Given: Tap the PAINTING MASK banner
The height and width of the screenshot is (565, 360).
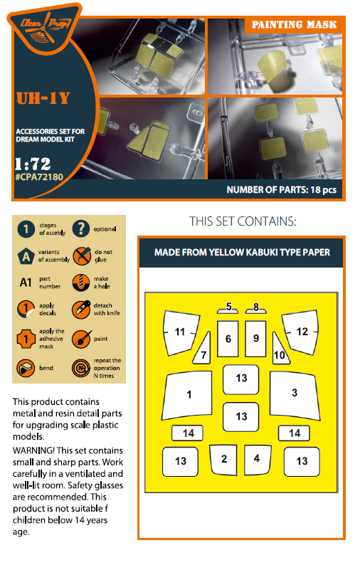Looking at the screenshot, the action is tap(294, 25).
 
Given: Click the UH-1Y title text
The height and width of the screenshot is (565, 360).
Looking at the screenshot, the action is tap(43, 98).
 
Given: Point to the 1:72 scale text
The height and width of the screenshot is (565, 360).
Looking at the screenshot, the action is tap(33, 164).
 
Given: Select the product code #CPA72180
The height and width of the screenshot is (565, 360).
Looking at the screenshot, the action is tap(39, 177).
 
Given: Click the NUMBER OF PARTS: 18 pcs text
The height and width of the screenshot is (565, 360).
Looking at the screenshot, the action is tap(282, 190).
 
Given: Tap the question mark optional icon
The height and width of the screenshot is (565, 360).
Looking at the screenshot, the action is tap(80, 228).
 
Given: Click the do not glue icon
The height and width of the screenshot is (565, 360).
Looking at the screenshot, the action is tap(81, 256).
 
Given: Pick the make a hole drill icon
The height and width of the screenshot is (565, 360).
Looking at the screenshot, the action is tap(80, 282).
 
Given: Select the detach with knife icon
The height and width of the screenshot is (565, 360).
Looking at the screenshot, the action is tap(81, 310).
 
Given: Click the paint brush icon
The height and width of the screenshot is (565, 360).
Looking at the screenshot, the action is tap(81, 339).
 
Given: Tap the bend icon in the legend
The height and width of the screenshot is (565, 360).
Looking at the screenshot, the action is tap(26, 368).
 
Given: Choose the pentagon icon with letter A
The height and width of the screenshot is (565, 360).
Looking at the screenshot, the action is tap(26, 256).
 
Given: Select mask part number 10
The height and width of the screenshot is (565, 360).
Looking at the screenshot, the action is tap(280, 349).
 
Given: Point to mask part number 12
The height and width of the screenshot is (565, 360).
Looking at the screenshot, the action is tap(301, 332).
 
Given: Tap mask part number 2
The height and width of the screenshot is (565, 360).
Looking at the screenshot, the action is tap(224, 460).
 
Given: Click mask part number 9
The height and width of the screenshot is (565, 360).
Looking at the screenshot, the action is tap(256, 339).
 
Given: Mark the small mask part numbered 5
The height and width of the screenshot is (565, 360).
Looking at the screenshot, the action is tap(228, 308).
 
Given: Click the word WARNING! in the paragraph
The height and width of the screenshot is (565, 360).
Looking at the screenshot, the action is tap(33, 450).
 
